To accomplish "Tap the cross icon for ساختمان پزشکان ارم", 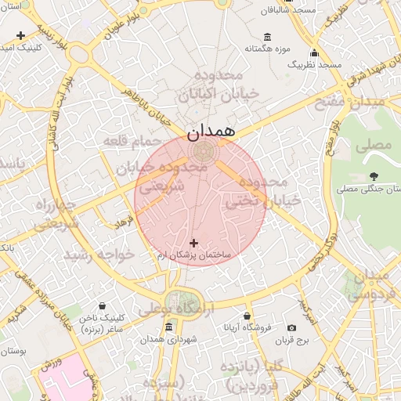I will click(x=194, y=244).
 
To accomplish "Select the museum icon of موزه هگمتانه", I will click(x=268, y=37).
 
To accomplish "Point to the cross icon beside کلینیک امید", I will click(x=20, y=35).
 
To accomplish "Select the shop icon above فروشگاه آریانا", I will click(x=247, y=316).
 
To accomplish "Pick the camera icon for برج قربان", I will click(x=291, y=328).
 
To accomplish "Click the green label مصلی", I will click(x=373, y=146).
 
